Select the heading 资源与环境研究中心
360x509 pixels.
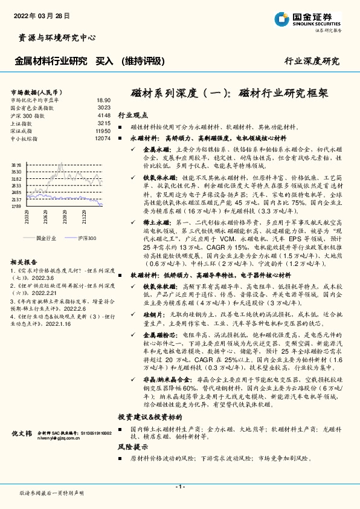[54, 37]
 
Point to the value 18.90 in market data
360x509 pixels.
[104, 100]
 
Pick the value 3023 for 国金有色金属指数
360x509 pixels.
[104, 108]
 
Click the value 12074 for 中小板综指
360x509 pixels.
[103, 138]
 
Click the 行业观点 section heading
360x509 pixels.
[133, 114]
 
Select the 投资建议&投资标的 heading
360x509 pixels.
[150, 417]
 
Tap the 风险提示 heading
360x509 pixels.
[133, 447]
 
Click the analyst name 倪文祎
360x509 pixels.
[22, 433]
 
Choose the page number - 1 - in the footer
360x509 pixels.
[179, 487]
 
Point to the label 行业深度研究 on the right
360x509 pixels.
[312, 62]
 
